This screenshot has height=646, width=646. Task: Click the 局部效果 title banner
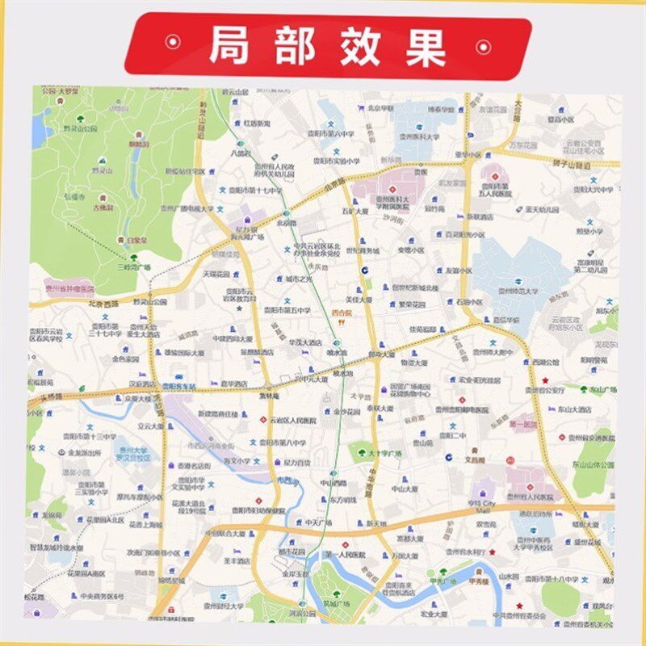pos(327,46)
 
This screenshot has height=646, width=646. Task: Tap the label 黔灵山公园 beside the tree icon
pos(82,128)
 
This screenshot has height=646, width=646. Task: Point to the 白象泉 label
pos(133,240)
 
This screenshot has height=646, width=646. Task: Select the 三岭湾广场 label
pos(133,266)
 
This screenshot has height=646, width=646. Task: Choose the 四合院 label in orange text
pos(342,311)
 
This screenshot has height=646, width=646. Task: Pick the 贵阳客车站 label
pos(178,386)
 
